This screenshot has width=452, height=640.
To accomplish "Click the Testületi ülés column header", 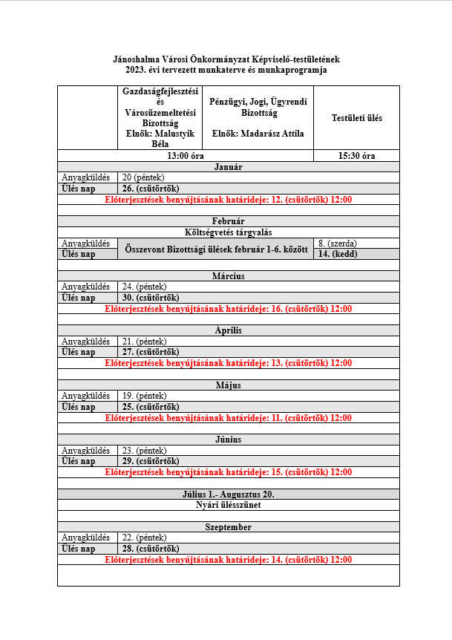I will tap(356, 118).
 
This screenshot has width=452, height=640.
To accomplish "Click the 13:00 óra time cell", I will tap(186, 156).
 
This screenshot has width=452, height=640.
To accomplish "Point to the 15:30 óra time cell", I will tap(356, 156).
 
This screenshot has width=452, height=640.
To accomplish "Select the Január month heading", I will tap(228, 167).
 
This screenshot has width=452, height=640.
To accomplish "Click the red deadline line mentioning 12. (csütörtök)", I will tap(228, 200).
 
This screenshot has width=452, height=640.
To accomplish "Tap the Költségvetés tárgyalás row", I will tap(228, 232).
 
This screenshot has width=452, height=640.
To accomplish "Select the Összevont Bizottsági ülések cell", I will tap(215, 249).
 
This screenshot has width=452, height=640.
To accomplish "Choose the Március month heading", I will tap(228, 276).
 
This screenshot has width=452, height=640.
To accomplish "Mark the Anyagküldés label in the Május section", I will tap(85, 396).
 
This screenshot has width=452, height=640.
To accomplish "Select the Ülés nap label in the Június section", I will tap(79, 461).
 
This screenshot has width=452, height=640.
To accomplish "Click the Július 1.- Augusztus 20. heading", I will tap(228, 494).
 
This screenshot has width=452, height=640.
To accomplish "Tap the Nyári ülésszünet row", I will tap(228, 505).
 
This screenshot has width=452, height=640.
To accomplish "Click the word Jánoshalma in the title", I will tap(137, 59).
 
